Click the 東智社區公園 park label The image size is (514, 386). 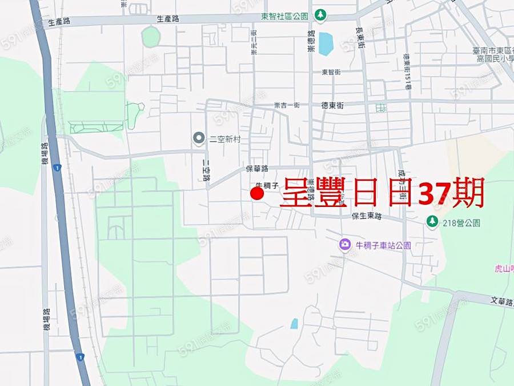pos(284,15)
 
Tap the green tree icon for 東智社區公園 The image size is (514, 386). pos(321,14)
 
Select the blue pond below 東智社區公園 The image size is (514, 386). pos(326,43)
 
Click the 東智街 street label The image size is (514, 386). pos(331,72)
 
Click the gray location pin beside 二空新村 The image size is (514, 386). pos(199,137)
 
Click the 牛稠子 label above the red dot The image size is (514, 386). pos(266,185)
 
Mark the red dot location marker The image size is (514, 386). pos(257,194)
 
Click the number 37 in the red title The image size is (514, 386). pos(434,193)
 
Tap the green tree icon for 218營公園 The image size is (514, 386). pos(432,221)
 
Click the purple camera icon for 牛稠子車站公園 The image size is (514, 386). pos(344,245)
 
